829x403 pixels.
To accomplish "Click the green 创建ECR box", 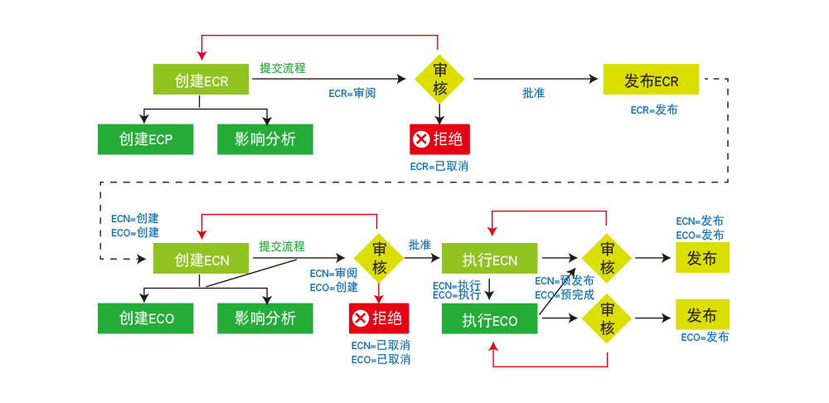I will pos(201,80).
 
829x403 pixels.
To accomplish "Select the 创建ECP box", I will pos(146,138).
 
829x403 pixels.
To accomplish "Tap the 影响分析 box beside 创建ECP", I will pos(265,138).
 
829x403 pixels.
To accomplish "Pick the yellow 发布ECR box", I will pos(651,80).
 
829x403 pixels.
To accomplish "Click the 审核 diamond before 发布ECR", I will pos(439,80).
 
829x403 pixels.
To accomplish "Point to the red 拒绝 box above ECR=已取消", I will pos(439,139).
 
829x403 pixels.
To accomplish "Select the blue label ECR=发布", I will pos(654,110).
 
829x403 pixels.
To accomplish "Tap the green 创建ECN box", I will pos(201,259).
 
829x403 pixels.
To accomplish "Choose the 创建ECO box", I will pos(146,318).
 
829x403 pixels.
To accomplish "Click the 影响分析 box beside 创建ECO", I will pos(265,318).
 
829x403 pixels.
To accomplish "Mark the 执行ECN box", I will pos(490,260).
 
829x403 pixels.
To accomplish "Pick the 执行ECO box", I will pos(490,319).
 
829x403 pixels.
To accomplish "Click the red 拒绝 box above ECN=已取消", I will pos(379,318).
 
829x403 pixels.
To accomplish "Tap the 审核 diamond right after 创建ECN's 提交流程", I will pos(379,259).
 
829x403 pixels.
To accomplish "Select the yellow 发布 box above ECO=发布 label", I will pos(702,315).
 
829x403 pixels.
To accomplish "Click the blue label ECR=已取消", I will pos(444,166).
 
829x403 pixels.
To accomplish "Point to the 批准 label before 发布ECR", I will pos(533,94).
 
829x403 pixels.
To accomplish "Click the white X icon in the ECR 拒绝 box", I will pos(421,139).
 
